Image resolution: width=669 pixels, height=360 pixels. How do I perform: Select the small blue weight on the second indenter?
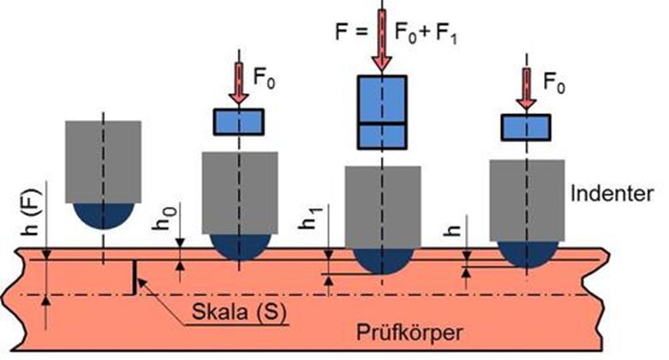tap(238, 122)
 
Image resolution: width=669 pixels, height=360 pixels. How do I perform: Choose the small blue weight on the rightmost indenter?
tap(526, 128)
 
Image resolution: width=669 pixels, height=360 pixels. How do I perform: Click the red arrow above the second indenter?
tap(238, 88)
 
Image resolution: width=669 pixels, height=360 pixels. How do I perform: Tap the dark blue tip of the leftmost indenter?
tap(104, 215)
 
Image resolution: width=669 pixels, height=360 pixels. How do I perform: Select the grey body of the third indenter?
tap(382, 206)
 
